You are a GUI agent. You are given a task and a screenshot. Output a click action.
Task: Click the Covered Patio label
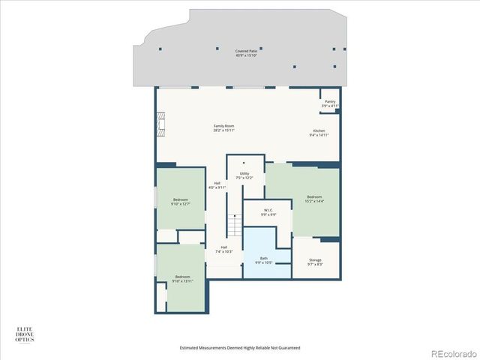(245, 51)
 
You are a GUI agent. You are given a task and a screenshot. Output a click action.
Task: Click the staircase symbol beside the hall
(234, 223)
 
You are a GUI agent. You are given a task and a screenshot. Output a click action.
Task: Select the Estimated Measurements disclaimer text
(239, 348)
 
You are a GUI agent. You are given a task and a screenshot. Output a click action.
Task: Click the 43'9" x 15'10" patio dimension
(245, 55)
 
